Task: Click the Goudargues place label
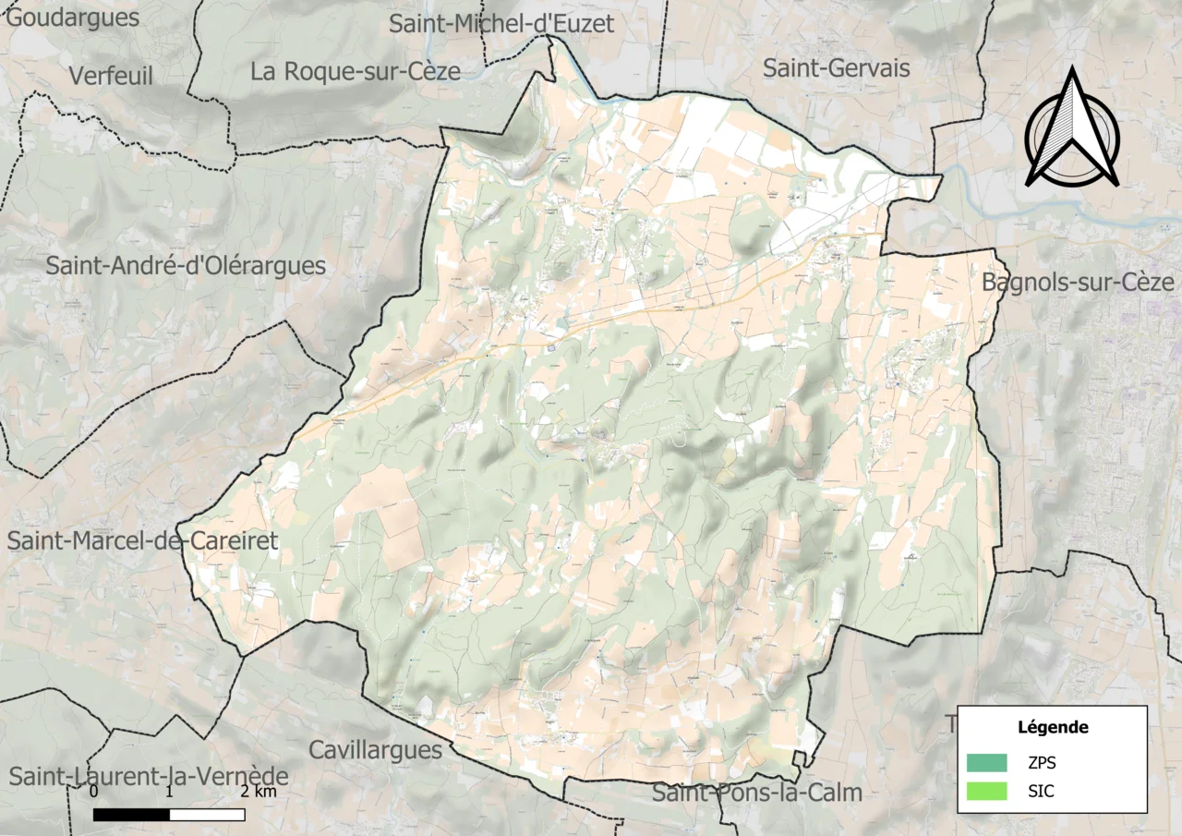click(73, 17)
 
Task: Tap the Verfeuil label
click(111, 76)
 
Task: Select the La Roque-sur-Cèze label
click(356, 71)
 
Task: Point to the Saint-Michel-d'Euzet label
click(501, 24)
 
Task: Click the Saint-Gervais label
click(837, 67)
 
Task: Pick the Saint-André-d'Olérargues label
click(186, 266)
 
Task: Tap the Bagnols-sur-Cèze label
click(1078, 282)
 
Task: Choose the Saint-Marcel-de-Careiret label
click(142, 541)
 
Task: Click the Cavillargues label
click(376, 749)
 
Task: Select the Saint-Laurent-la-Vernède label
click(148, 777)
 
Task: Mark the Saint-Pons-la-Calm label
click(757, 793)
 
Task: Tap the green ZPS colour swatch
click(986, 763)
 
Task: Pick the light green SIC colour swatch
click(986, 792)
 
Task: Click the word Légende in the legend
click(1053, 727)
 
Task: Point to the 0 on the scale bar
click(94, 793)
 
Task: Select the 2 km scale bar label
click(258, 793)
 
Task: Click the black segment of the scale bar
click(131, 815)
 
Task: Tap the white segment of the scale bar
click(207, 815)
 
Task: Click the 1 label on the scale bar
click(169, 793)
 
